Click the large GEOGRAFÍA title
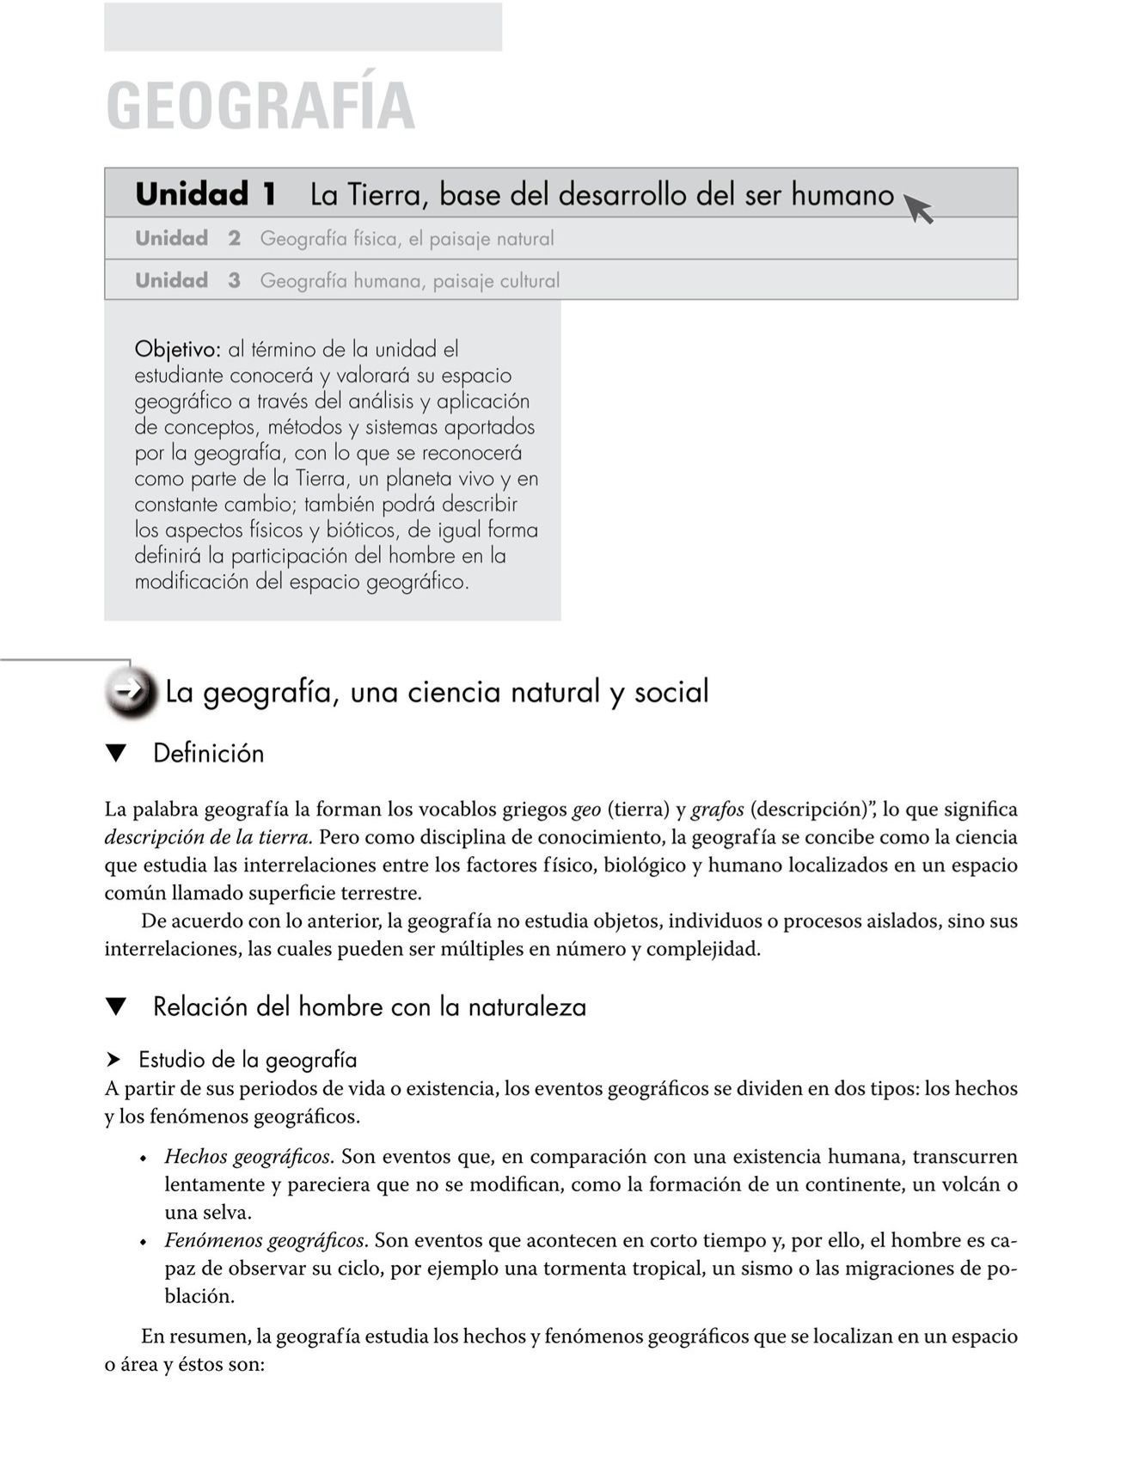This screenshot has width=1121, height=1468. tap(260, 106)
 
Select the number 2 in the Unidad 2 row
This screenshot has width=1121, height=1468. tap(235, 239)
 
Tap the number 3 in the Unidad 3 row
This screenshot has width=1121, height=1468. tap(235, 281)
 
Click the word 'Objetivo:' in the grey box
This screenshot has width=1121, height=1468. tap(178, 350)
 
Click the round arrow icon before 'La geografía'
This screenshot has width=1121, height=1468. tap(132, 691)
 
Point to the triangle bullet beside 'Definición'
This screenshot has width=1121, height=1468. tap(116, 754)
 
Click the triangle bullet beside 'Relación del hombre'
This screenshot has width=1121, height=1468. tap(116, 1006)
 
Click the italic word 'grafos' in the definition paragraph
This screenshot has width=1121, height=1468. tap(717, 810)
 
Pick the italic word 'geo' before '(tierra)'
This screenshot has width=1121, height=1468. tap(586, 810)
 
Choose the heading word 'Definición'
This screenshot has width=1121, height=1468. tap(208, 754)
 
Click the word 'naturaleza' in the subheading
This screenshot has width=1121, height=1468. tap(527, 1006)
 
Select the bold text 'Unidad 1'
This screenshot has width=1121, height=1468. tap(205, 194)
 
